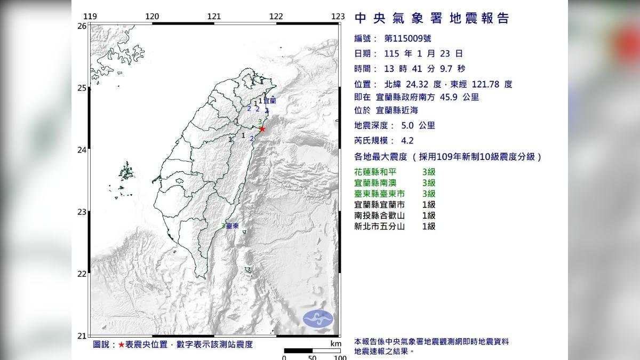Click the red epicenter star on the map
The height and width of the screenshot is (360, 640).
[x=262, y=129]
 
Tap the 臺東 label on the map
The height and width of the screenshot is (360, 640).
[x=232, y=226]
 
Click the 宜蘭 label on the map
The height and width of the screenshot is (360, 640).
[x=269, y=100]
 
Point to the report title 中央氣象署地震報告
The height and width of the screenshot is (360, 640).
[x=432, y=19]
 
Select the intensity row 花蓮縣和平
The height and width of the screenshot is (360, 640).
[x=375, y=172]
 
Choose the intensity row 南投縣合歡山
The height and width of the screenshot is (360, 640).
[x=379, y=215]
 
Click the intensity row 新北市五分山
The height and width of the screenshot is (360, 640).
[x=379, y=226]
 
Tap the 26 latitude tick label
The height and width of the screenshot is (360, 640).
[x=82, y=26]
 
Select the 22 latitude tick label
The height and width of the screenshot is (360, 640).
[x=82, y=274]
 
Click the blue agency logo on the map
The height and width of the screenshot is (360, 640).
[x=318, y=319]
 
